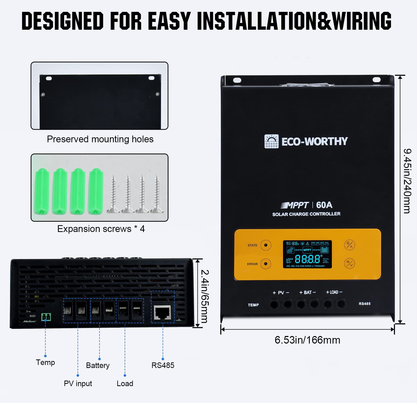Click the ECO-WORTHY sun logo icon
[x=271, y=141]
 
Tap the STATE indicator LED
[x=266, y=245]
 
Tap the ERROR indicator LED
[x=266, y=264]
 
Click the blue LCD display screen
[x=307, y=254]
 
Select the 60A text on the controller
[x=324, y=205]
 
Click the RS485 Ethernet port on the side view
[x=162, y=313]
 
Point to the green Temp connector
[x=46, y=317]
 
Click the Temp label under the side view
[x=45, y=362]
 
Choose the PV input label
[x=78, y=383]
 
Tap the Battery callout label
[x=98, y=365]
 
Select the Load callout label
[x=125, y=383]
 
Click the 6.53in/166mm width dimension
[x=307, y=340]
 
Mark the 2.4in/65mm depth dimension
[x=204, y=296]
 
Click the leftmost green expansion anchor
[x=42, y=191]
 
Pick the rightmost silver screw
[x=157, y=194]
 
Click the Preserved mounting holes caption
[x=100, y=139]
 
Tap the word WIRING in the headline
[x=362, y=21]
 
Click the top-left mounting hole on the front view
[x=237, y=80]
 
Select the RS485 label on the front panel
[x=364, y=304]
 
